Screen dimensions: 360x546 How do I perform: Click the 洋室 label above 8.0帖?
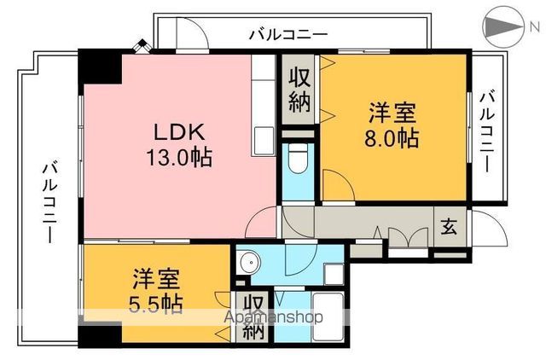click(392, 112)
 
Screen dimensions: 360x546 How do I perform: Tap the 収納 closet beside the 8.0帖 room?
click(299, 89)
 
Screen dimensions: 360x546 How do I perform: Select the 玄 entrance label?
click(448, 227)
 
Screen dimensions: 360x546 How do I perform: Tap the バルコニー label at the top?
click(288, 35)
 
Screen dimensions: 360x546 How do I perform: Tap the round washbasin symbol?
click(248, 263)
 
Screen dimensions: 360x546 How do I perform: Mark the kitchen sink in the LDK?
click(262, 139)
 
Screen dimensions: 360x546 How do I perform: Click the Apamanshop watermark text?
click(273, 317)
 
